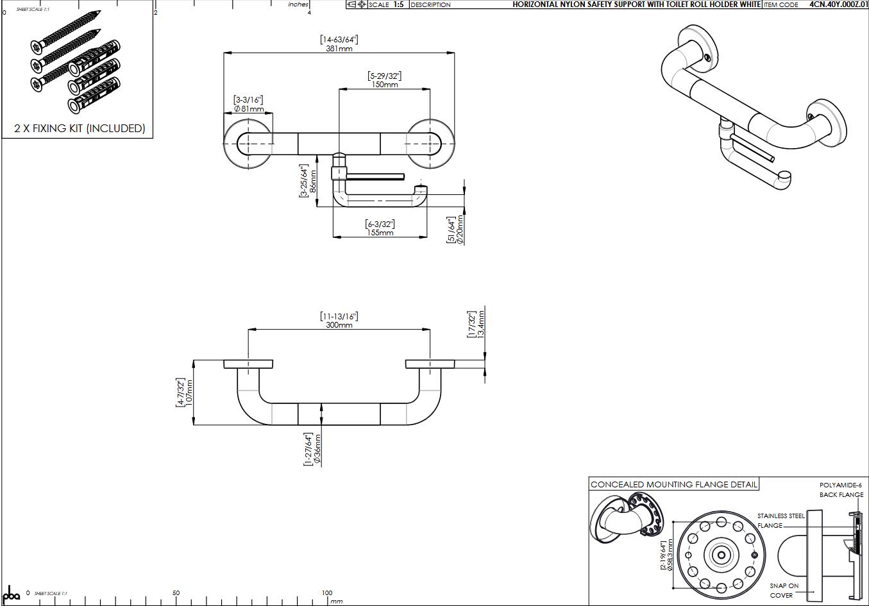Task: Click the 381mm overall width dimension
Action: (339, 49)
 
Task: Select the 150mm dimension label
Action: (384, 85)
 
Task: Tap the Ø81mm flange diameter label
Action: (248, 109)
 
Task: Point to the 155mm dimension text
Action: (380, 233)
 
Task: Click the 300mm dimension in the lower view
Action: (339, 325)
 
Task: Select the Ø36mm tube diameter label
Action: (317, 448)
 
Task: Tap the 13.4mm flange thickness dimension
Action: (481, 324)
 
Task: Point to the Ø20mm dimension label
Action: (460, 230)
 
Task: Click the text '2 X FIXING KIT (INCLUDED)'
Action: (80, 128)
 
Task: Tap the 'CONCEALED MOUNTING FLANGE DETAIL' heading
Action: (673, 485)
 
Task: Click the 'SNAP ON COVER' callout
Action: (784, 591)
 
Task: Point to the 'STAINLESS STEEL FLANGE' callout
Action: (780, 520)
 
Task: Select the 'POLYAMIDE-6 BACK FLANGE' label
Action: (841, 490)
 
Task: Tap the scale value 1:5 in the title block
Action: (398, 4)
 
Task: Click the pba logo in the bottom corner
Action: (12, 593)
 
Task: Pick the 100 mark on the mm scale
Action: (326, 593)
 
